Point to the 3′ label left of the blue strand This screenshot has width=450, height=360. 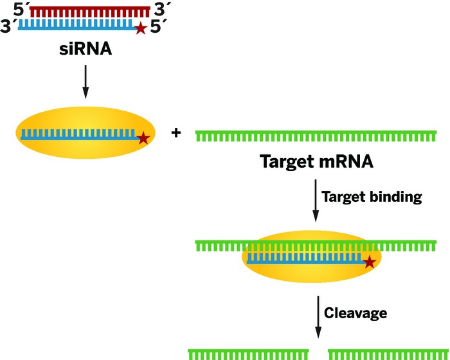(8, 28)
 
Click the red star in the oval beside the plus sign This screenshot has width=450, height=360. (143, 137)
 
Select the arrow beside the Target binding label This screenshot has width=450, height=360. (315, 201)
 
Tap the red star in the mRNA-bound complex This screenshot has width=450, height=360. (369, 262)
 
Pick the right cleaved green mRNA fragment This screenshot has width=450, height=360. (386, 354)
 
